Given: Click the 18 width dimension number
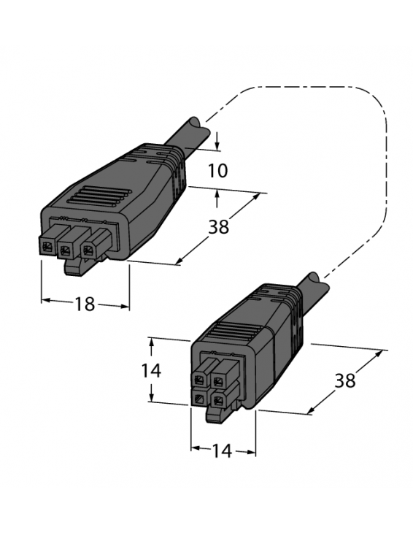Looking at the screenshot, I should coord(85,304).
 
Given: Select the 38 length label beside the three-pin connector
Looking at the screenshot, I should coord(217,226).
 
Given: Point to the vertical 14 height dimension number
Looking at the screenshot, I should coord(151,370).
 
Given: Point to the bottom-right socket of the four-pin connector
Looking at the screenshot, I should coord(219,399).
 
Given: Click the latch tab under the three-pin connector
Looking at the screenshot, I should coord(73,268).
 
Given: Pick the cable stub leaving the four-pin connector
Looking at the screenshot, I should coord(309,286).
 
